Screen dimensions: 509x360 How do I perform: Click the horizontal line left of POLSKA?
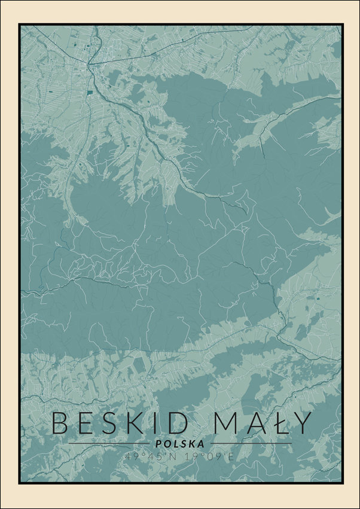click(108, 444)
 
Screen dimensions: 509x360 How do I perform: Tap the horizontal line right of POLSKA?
click(251, 444)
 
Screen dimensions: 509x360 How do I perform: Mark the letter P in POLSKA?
click(157, 444)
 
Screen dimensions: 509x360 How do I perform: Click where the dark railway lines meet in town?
click(91, 63)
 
